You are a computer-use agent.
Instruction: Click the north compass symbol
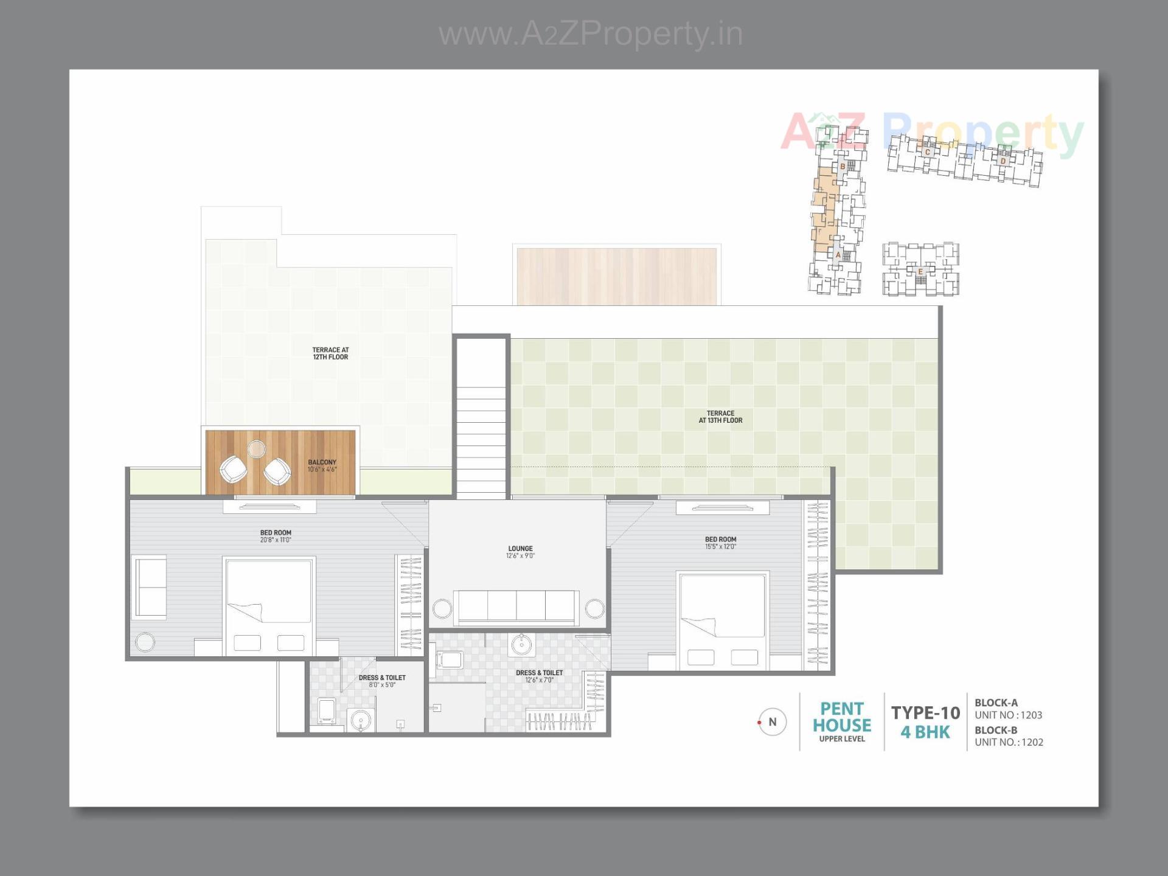coord(772,722)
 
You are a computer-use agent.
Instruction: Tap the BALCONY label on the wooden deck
coord(322,462)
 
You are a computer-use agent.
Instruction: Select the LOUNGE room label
coord(520,548)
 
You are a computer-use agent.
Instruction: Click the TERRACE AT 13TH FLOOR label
coord(720,417)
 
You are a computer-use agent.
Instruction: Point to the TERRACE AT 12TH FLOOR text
coord(330,353)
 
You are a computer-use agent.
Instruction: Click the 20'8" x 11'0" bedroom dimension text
coord(276,540)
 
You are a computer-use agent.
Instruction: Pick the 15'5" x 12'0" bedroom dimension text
coord(720,547)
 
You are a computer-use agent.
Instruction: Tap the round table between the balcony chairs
coord(256,449)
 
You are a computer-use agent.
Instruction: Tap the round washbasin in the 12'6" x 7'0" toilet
coord(521,644)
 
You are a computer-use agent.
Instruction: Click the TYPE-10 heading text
coord(925,712)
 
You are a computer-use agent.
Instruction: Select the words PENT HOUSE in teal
coord(842,717)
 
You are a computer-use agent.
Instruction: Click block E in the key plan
coord(920,271)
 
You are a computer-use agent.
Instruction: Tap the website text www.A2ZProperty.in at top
coord(590,34)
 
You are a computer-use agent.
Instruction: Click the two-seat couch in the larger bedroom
coord(150,587)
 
